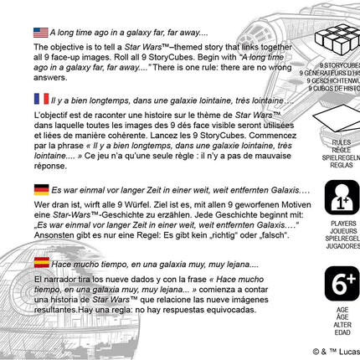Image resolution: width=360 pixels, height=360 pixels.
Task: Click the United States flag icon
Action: [x=41, y=32]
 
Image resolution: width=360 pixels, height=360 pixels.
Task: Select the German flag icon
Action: [x=41, y=189]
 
